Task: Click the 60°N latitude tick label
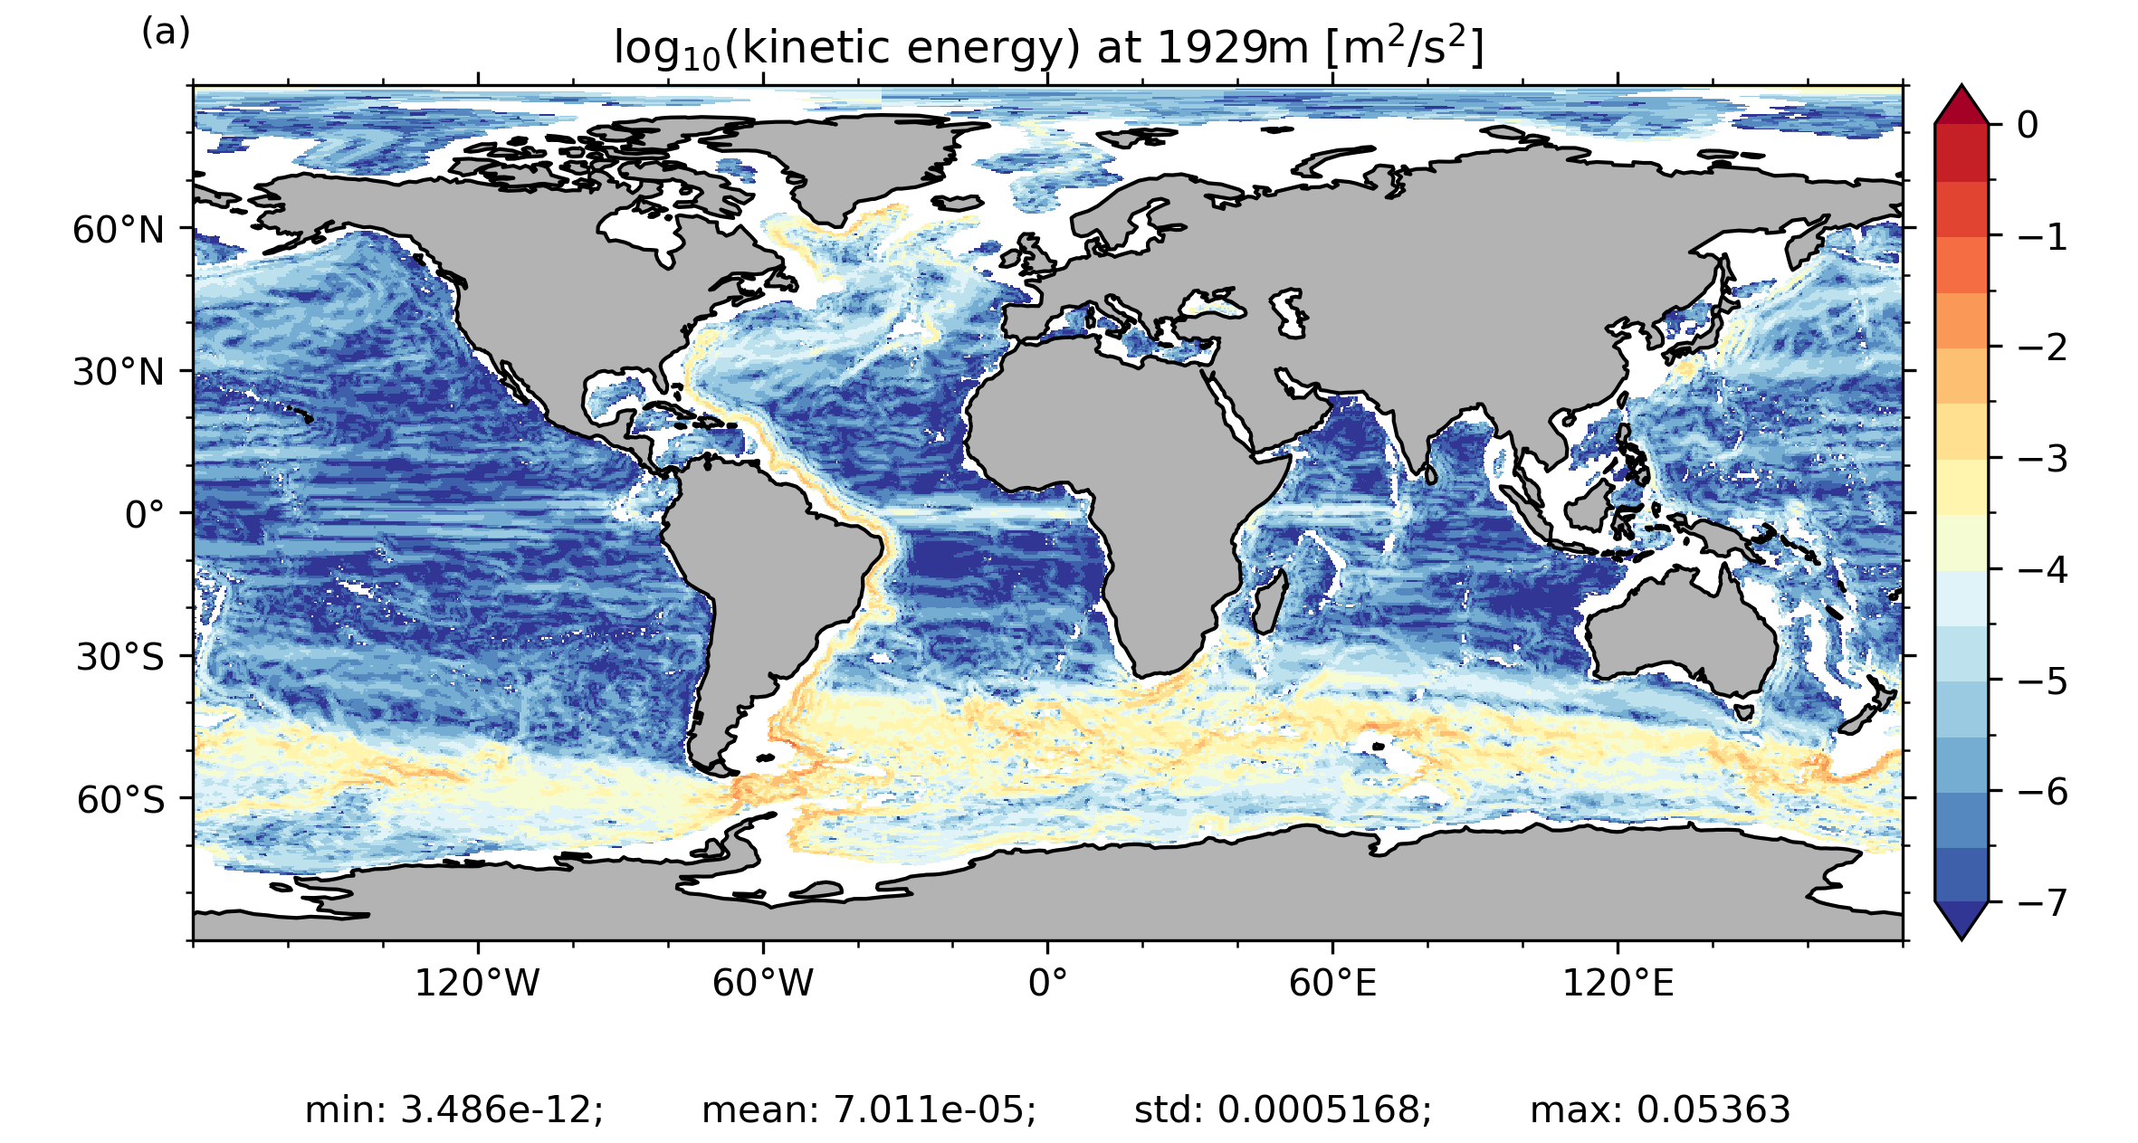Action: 119,230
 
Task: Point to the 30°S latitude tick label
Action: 120,657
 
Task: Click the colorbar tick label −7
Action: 2042,903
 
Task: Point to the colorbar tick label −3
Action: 2042,459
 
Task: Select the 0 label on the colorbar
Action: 2028,125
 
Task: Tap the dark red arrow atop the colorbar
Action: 1961,105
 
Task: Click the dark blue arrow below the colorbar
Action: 1961,919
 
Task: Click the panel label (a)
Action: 166,33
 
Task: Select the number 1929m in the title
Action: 1234,48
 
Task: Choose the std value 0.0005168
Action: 1324,1110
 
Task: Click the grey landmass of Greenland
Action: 842,163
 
